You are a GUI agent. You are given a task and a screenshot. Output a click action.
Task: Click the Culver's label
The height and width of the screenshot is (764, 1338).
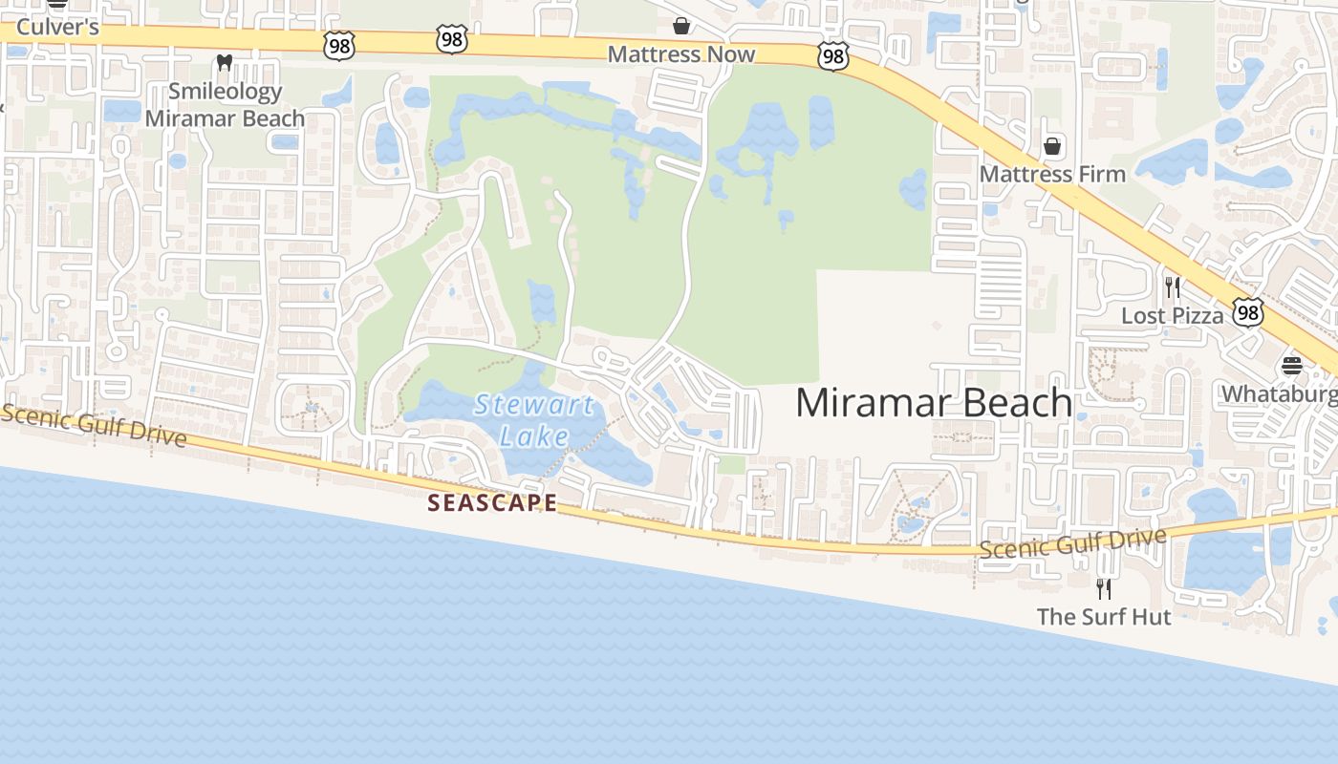coord(57,27)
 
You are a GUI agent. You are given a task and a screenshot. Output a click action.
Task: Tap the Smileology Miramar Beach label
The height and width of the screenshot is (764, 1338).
coord(225,105)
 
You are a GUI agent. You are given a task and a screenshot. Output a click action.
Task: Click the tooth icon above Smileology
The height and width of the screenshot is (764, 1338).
coord(225,63)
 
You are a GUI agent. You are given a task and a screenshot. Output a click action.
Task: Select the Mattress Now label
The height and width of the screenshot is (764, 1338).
coord(681,54)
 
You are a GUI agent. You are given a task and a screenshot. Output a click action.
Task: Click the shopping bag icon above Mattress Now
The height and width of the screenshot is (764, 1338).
coord(681,25)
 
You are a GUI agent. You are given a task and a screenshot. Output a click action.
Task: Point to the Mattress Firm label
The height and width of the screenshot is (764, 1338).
coord(1052,174)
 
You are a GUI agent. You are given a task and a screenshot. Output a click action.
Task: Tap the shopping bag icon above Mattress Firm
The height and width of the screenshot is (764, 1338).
coord(1052,146)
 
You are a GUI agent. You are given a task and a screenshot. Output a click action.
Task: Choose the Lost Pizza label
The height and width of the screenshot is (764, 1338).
coord(1172,315)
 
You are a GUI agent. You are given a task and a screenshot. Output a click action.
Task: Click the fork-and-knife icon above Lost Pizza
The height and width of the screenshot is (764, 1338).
coord(1173,286)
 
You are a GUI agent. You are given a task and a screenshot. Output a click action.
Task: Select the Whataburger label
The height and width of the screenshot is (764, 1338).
coord(1279,393)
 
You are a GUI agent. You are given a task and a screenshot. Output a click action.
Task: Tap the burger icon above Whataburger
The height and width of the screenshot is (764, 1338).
coord(1292,366)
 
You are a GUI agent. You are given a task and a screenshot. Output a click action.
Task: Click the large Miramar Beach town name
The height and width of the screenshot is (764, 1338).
coord(934,402)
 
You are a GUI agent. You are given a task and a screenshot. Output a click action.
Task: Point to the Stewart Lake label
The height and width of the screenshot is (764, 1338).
coord(535,420)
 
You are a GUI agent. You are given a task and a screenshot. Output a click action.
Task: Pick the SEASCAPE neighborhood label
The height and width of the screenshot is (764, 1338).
coord(491,502)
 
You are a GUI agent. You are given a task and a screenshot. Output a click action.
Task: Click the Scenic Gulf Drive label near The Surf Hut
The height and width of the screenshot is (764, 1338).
coord(1073,542)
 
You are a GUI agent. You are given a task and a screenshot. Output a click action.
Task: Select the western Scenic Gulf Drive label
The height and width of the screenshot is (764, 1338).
coord(94,425)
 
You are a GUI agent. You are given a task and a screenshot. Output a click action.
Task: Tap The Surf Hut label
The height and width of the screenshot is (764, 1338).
coord(1104,617)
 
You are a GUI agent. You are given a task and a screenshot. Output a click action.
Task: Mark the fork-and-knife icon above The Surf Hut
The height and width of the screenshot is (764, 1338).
coord(1104,587)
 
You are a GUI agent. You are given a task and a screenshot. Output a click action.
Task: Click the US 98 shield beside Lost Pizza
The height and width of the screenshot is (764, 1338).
coord(1247,312)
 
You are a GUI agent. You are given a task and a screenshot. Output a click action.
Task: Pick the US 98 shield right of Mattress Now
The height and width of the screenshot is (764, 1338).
coord(833,57)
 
